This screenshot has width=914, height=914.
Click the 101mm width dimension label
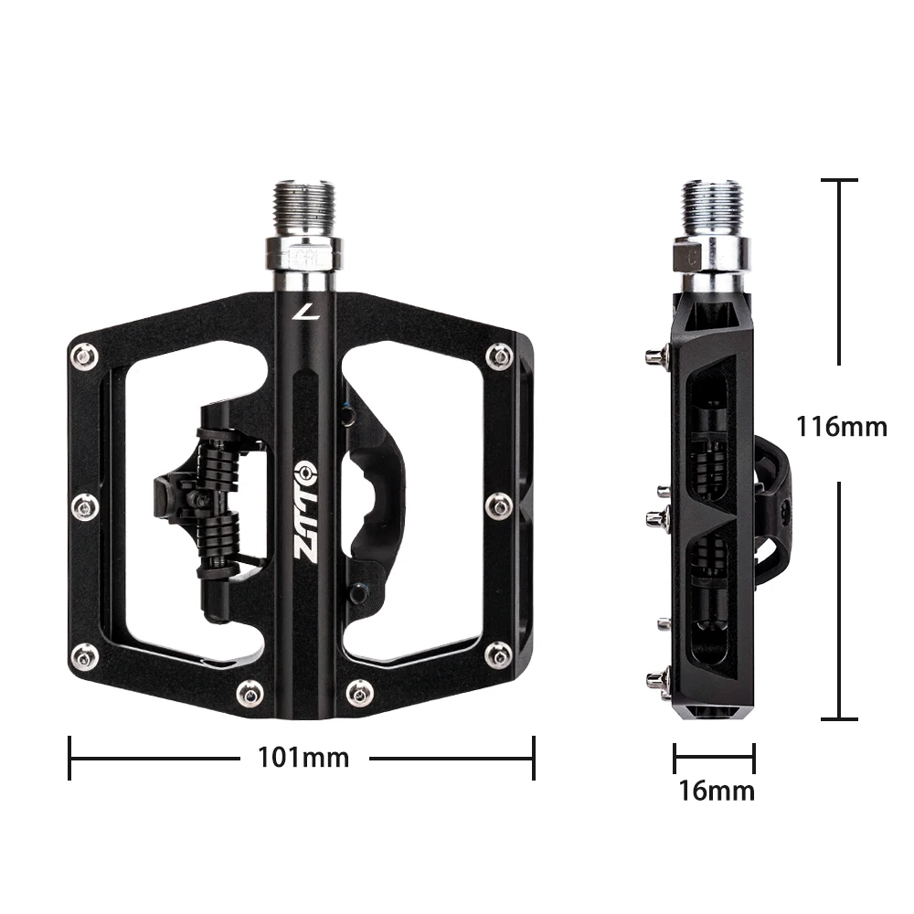[x=303, y=758]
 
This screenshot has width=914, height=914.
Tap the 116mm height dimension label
[x=841, y=426]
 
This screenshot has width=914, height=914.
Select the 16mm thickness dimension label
[x=716, y=790]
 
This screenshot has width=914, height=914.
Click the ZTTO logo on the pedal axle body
[x=303, y=512]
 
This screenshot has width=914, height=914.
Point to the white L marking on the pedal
[x=301, y=313]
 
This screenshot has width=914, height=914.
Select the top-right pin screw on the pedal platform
[x=499, y=356]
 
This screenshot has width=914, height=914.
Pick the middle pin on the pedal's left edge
[x=85, y=505]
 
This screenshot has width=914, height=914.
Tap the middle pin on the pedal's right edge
[x=500, y=504]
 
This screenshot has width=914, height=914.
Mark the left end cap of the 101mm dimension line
[x=70, y=758]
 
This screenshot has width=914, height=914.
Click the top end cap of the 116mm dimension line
[x=839, y=181]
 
